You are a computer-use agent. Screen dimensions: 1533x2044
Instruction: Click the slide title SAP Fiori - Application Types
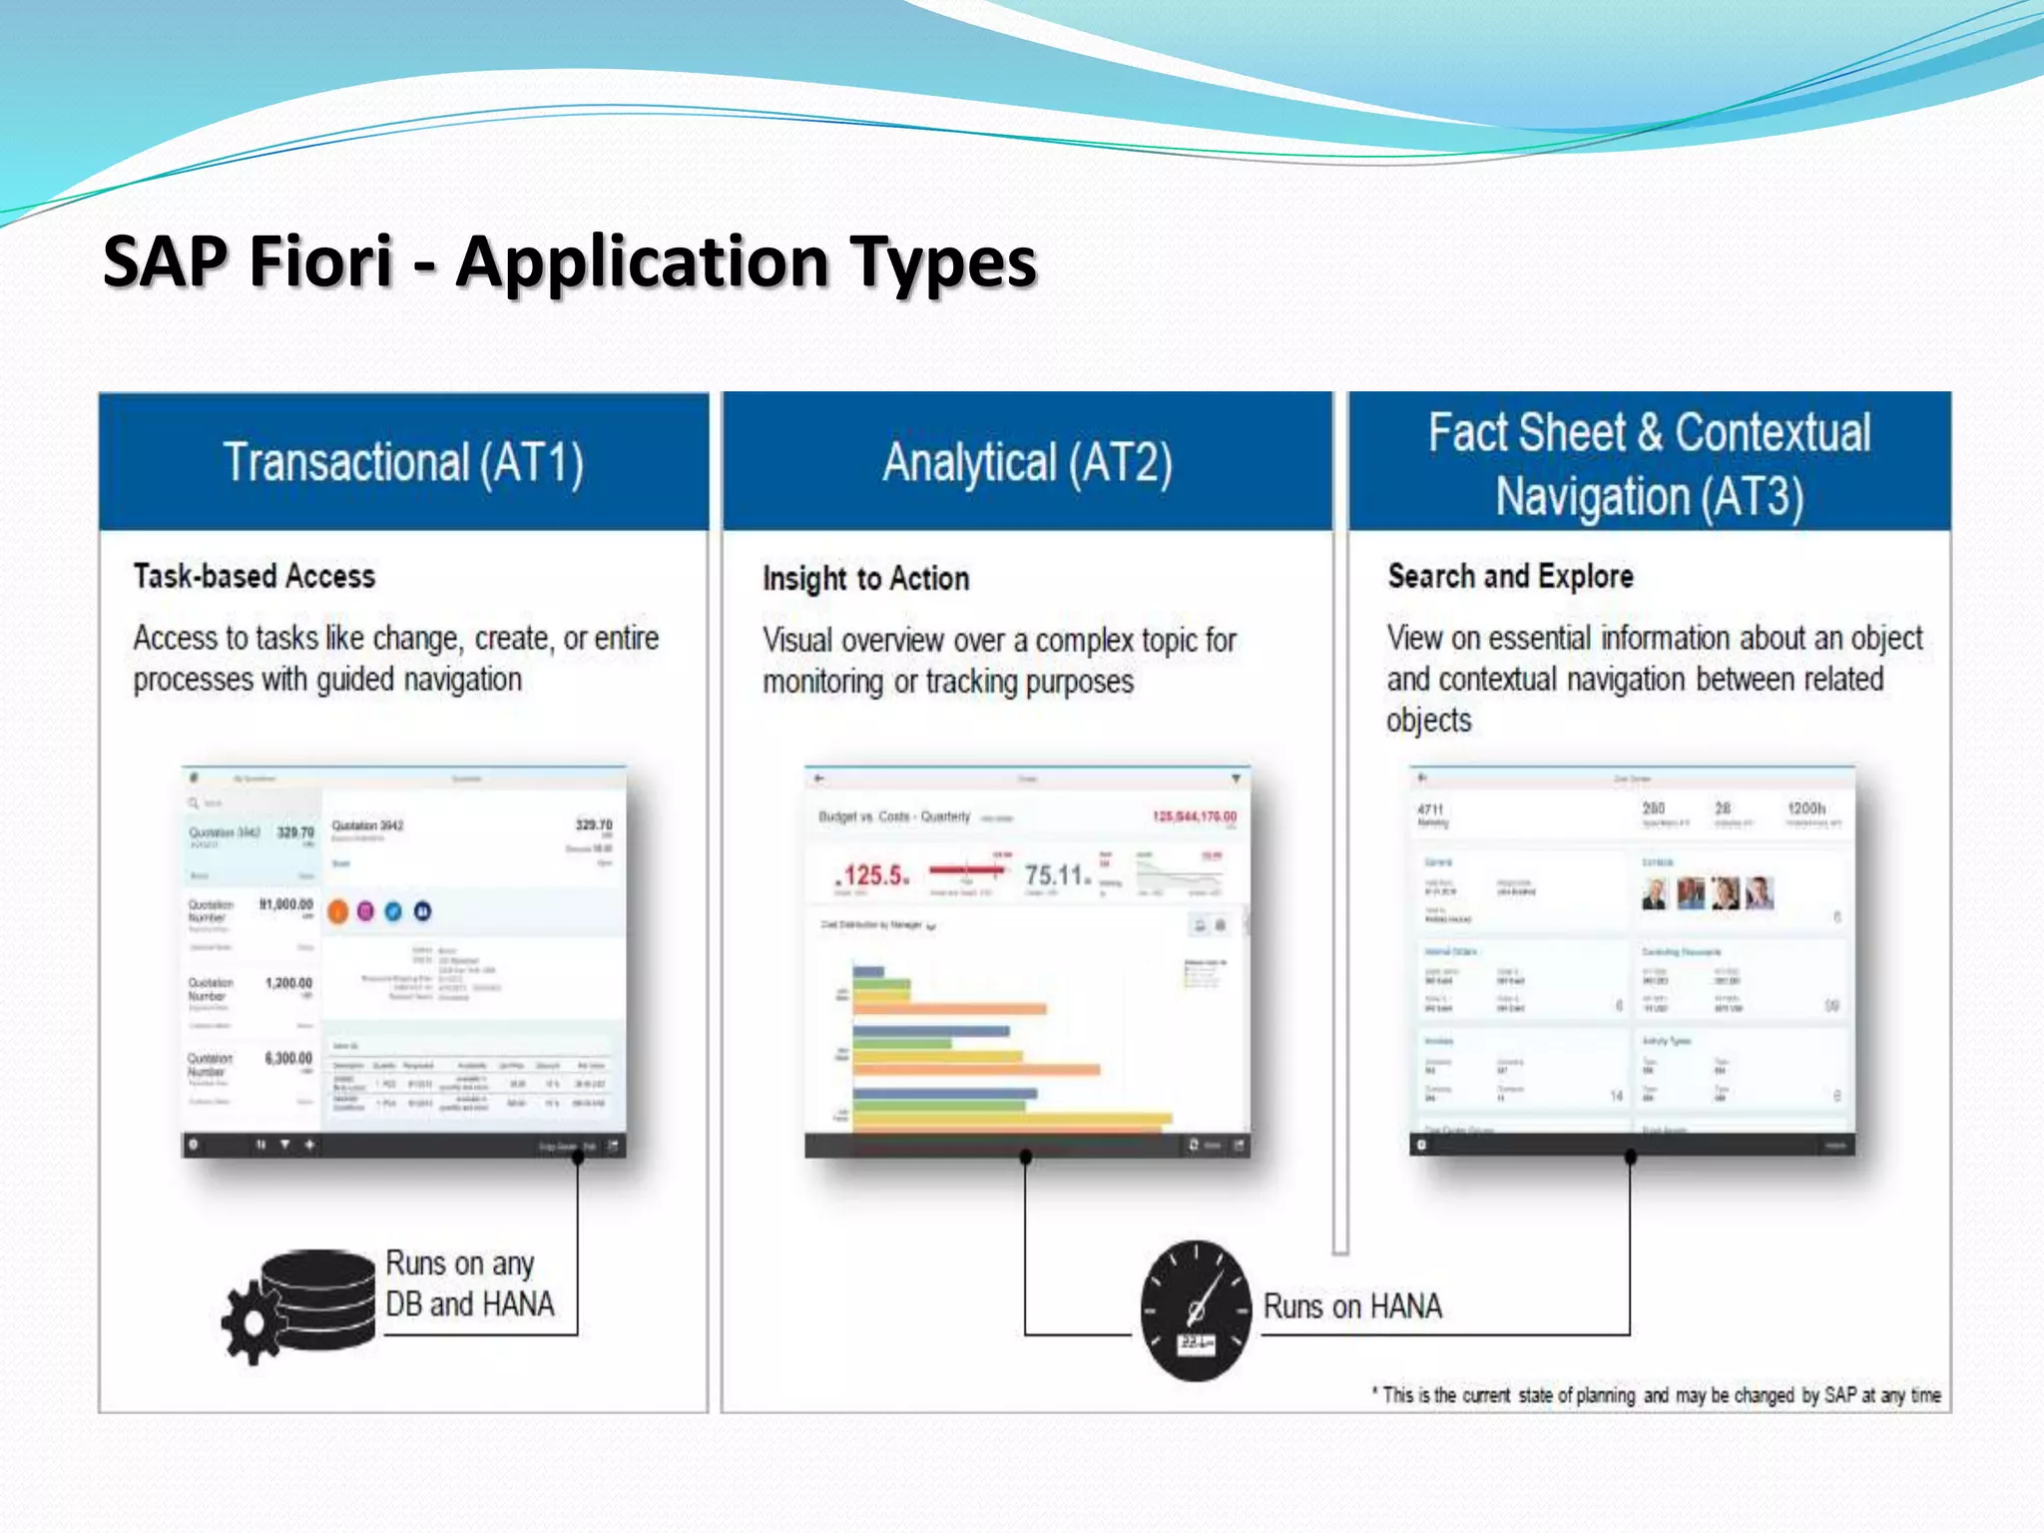tap(569, 261)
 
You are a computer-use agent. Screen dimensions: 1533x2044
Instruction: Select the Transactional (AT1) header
tap(403, 463)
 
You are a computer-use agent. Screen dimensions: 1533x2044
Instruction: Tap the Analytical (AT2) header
tap(1027, 463)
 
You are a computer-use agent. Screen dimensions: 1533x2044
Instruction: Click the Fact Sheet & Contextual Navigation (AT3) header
tap(1649, 464)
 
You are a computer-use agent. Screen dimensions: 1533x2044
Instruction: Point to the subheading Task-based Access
tap(255, 576)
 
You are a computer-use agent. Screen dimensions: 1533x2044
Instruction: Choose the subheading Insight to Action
tap(865, 579)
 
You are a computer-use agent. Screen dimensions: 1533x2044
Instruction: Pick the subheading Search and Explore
tap(1510, 576)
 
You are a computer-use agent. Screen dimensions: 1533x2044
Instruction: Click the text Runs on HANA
tap(1352, 1306)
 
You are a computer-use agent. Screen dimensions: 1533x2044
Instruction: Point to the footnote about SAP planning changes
tap(1657, 1395)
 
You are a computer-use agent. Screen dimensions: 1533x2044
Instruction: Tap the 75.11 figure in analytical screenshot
tap(1056, 876)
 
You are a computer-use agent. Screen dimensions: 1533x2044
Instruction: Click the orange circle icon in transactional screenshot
tap(338, 911)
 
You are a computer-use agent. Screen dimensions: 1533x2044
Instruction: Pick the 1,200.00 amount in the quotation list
tap(288, 983)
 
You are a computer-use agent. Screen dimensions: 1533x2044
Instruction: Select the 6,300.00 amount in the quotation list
tap(288, 1058)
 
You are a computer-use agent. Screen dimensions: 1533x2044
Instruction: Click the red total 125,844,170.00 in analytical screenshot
tap(1194, 816)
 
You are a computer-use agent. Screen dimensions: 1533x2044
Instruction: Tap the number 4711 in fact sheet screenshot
tap(1430, 809)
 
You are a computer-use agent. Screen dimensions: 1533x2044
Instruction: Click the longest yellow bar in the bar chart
tap(1012, 1119)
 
